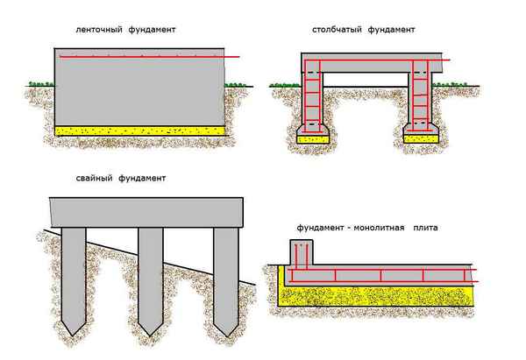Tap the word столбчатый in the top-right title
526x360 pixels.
coord(337,29)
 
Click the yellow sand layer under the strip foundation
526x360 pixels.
coord(140,130)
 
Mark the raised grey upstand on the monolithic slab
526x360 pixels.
coord(301,256)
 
